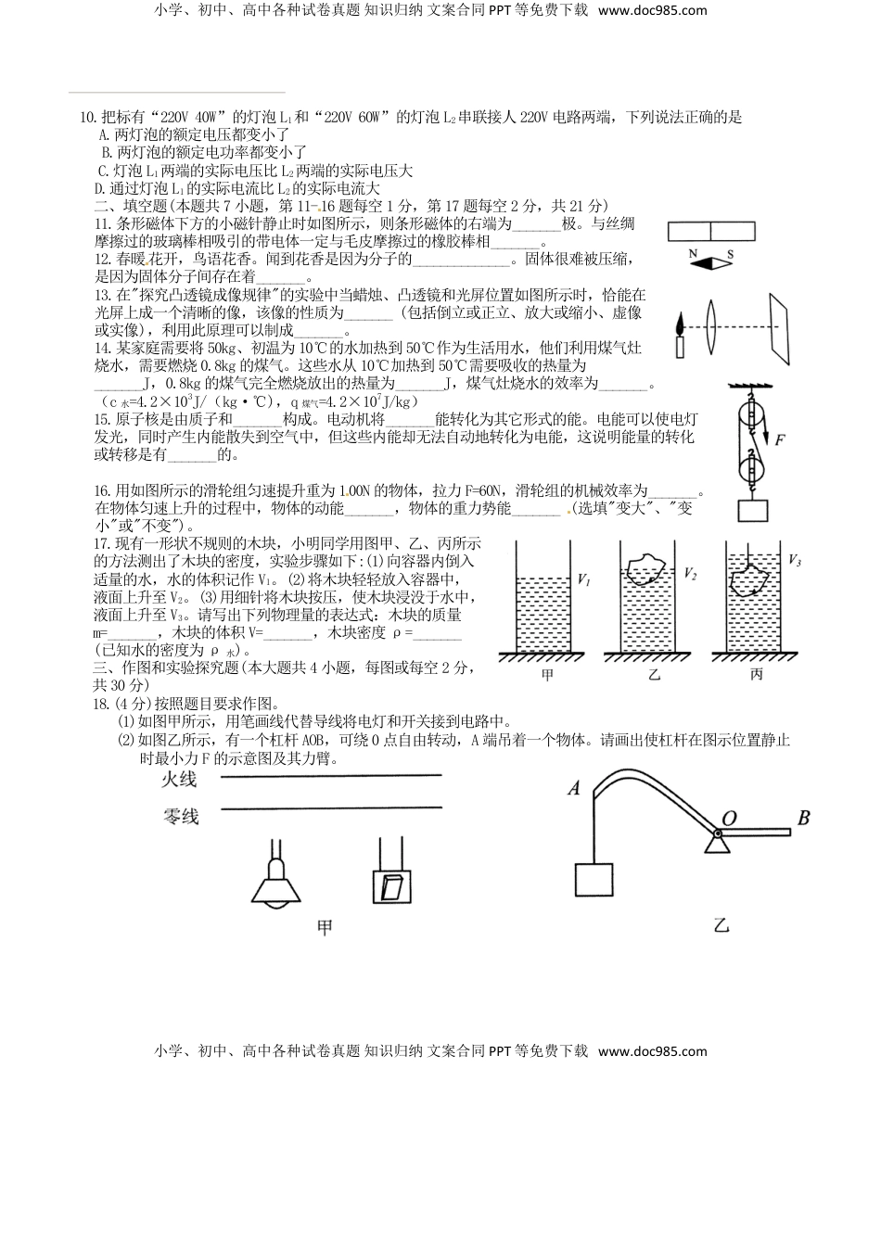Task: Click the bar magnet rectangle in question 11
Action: (x=711, y=232)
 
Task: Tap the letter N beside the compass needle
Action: (x=692, y=253)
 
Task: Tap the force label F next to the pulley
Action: (x=781, y=440)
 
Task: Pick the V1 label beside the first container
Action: (x=583, y=579)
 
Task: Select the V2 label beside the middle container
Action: (x=690, y=574)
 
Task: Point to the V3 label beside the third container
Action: (x=795, y=560)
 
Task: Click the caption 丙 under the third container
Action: (x=756, y=675)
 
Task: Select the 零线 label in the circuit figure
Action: (x=180, y=816)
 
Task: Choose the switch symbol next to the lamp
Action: (x=390, y=885)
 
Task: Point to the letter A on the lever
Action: (x=573, y=788)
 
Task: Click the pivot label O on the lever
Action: (x=729, y=817)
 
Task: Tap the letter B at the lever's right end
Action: (x=803, y=818)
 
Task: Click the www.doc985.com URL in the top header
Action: (x=652, y=11)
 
